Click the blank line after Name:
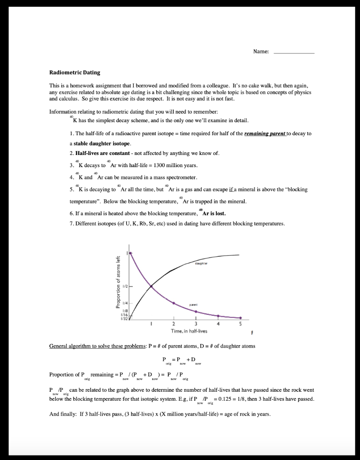[294, 53]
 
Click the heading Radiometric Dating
[75, 72]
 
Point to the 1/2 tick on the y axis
[127, 286]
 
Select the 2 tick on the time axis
[173, 324]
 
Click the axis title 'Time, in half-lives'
[189, 331]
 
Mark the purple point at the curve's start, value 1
[131, 253]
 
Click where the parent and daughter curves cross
[151, 286]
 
